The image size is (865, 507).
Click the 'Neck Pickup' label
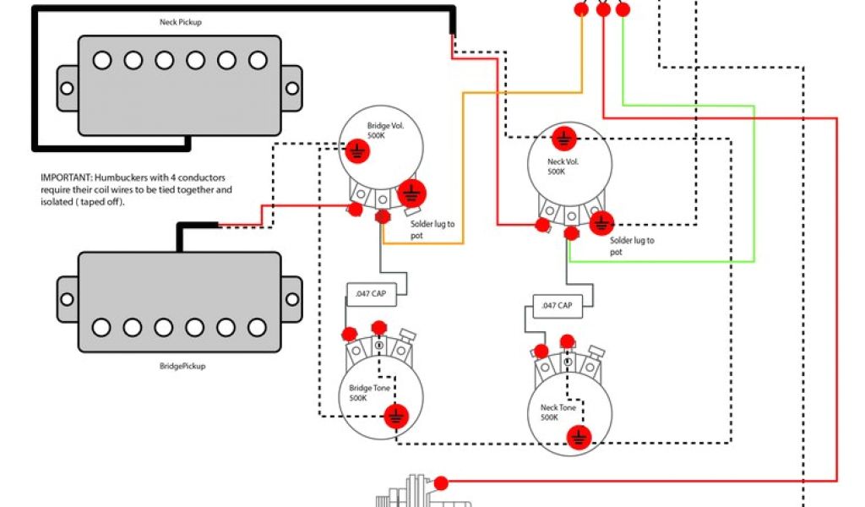click(181, 22)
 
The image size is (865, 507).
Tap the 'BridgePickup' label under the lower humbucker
click(182, 366)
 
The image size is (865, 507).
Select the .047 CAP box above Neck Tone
click(557, 305)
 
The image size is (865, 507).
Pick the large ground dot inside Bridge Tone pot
click(394, 415)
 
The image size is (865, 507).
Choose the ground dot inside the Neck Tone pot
click(579, 435)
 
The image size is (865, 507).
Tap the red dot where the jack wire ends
click(441, 482)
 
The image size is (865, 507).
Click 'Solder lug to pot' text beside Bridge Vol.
click(432, 229)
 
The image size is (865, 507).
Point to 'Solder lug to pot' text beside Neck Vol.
click(631, 246)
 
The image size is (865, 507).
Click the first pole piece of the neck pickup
click(101, 61)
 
